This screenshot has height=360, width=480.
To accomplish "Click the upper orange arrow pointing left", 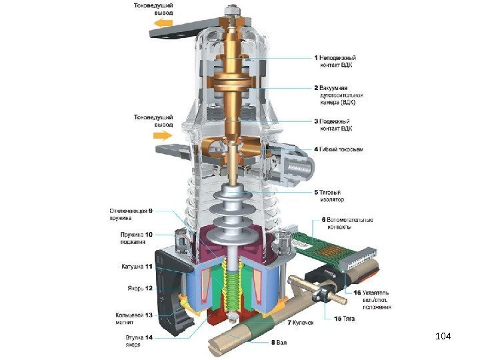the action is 163,26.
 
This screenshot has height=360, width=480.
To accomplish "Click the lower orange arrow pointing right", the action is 163,136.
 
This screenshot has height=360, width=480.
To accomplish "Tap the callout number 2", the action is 317,87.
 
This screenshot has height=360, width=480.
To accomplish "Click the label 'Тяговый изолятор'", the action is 337,197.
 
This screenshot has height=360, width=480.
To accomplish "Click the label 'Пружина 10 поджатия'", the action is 136,238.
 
